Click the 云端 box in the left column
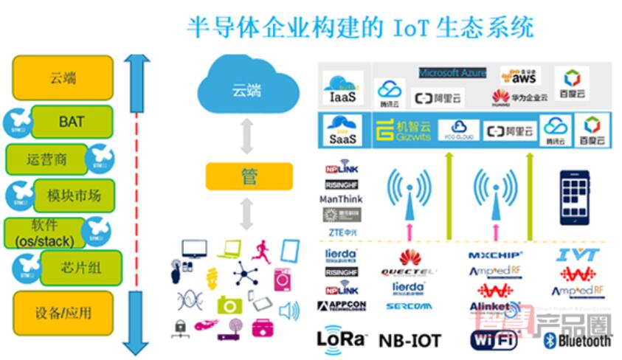pyautogui.click(x=63, y=77)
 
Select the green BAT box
pyautogui.click(x=72, y=121)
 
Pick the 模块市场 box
pyautogui.click(x=74, y=195)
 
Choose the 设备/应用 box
pyautogui.click(x=63, y=313)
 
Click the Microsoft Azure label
pyautogui.click(x=452, y=73)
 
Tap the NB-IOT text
pyautogui.click(x=410, y=340)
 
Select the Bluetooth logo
pyautogui.click(x=577, y=340)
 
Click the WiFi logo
pyautogui.click(x=494, y=339)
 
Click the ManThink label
pyautogui.click(x=342, y=199)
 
